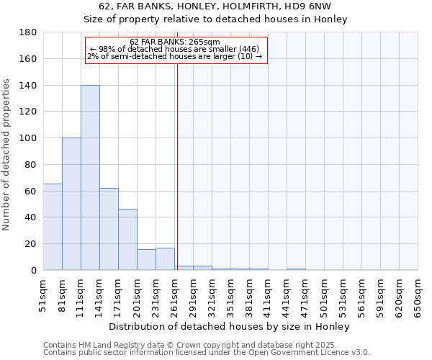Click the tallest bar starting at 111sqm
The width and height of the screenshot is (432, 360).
click(90, 178)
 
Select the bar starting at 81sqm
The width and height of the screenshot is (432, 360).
click(71, 204)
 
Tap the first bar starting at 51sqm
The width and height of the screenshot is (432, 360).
click(53, 227)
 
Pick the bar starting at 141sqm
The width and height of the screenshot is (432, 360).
click(109, 229)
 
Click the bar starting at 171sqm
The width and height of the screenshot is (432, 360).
click(127, 240)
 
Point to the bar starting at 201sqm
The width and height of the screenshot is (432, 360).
click(146, 260)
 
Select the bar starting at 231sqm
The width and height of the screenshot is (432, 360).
click(165, 259)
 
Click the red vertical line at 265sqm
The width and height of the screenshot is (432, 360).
click(177, 166)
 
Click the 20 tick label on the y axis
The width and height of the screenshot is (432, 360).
click(30, 244)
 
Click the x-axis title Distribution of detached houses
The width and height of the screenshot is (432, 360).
click(230, 326)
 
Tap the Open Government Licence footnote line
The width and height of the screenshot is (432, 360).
click(207, 353)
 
